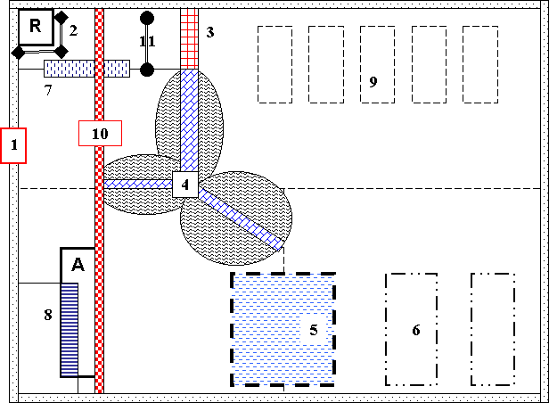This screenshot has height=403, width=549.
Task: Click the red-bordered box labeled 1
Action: [x=14, y=145]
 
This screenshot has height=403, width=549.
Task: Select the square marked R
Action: [x=36, y=27]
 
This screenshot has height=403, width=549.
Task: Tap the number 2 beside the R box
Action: [x=73, y=30]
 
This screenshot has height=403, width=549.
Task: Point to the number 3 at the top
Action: [x=210, y=33]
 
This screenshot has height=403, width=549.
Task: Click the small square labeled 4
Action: [x=184, y=185]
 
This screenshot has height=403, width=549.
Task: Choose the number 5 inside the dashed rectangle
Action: [x=314, y=331]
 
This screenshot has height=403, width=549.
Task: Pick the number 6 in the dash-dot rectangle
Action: [x=415, y=331]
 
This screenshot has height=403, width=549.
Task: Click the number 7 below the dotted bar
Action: [x=49, y=89]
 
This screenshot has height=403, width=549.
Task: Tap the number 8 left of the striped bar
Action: [x=49, y=314]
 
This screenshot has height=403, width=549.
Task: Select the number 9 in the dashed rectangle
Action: [x=373, y=82]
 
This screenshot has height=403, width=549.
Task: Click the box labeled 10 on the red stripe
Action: [x=99, y=133]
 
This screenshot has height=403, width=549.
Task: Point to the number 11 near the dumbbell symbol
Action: [x=147, y=41]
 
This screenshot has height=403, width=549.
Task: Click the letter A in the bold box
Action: [x=78, y=264]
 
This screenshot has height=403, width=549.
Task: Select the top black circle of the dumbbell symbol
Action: [x=147, y=17]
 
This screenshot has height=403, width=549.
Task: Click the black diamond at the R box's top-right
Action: [x=61, y=17]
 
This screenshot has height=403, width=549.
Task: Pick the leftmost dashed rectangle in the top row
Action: [x=275, y=63]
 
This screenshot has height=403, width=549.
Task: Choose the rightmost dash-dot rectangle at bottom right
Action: [x=493, y=329]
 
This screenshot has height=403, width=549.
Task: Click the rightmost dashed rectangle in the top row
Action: [x=480, y=63]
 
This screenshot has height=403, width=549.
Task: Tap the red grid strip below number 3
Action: [x=189, y=38]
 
